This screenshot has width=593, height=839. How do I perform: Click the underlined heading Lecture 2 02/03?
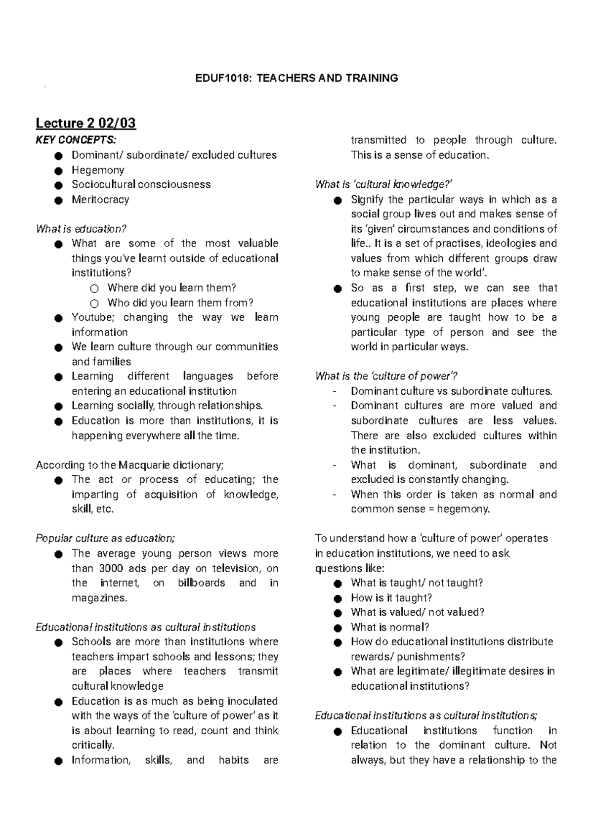pyautogui.click(x=85, y=123)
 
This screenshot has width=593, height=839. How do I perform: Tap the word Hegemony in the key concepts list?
pyautogui.click(x=98, y=170)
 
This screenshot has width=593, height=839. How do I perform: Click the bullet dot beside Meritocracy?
pyautogui.click(x=59, y=200)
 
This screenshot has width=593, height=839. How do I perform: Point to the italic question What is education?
pyautogui.click(x=82, y=229)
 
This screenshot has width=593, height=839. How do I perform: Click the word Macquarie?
pyautogui.click(x=143, y=465)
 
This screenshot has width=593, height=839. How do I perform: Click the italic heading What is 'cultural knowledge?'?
pyautogui.click(x=384, y=184)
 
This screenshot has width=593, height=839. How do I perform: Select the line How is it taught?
pyautogui.click(x=391, y=598)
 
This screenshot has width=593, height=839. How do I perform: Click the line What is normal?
pyautogui.click(x=390, y=627)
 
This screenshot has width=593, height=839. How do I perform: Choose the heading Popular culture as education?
pyautogui.click(x=105, y=538)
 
